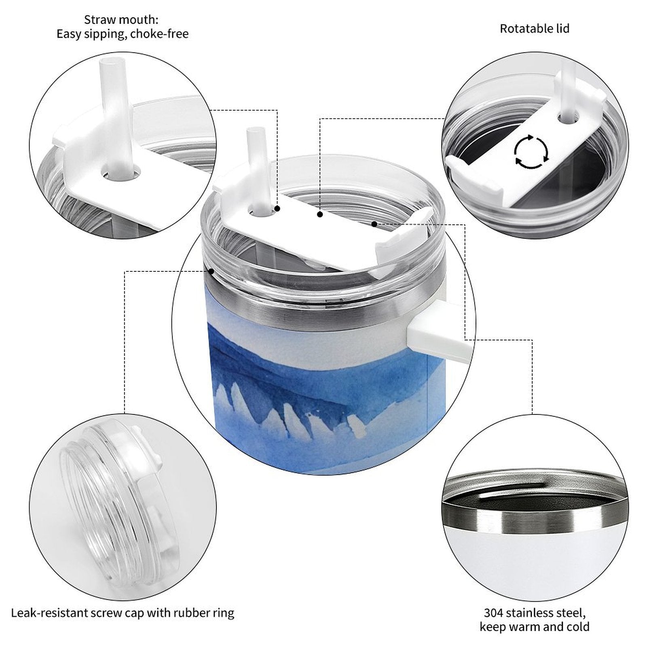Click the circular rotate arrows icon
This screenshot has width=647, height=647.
pos(531,152)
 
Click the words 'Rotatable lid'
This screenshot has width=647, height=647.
pos(535,29)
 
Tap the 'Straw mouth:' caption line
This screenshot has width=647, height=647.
pos(121,19)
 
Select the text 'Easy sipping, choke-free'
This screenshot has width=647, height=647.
pos(123,34)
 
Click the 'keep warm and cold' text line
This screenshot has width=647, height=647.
pos(534,627)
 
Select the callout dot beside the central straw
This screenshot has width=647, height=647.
pos(277,209)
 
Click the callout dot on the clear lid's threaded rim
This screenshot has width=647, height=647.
pos(211,271)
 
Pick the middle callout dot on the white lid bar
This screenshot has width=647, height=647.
pos(320,214)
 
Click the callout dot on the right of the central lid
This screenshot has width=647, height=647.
pos(374,224)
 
